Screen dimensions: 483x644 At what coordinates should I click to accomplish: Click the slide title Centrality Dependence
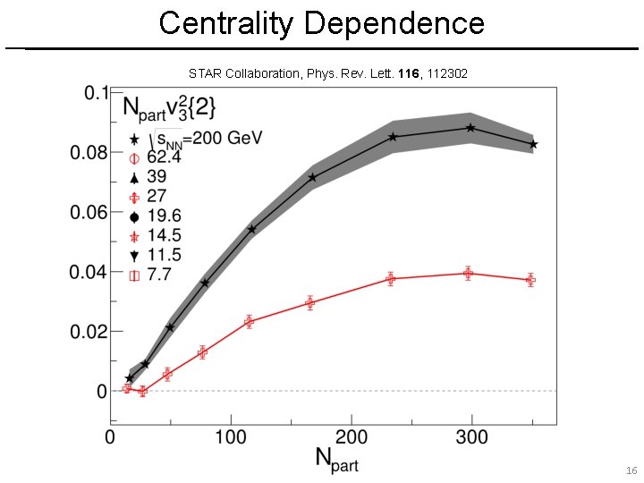click(x=322, y=22)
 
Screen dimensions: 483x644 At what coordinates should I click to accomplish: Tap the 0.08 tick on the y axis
click(x=89, y=153)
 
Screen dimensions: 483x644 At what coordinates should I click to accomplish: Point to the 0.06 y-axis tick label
click(x=89, y=212)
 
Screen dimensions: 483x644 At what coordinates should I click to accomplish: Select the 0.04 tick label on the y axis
click(x=89, y=272)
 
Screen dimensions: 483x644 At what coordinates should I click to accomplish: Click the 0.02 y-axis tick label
click(x=89, y=332)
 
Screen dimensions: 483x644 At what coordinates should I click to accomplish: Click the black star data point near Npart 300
click(x=470, y=128)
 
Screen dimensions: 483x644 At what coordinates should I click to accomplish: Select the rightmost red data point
click(x=530, y=280)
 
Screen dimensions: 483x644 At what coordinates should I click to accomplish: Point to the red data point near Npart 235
click(x=390, y=278)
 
